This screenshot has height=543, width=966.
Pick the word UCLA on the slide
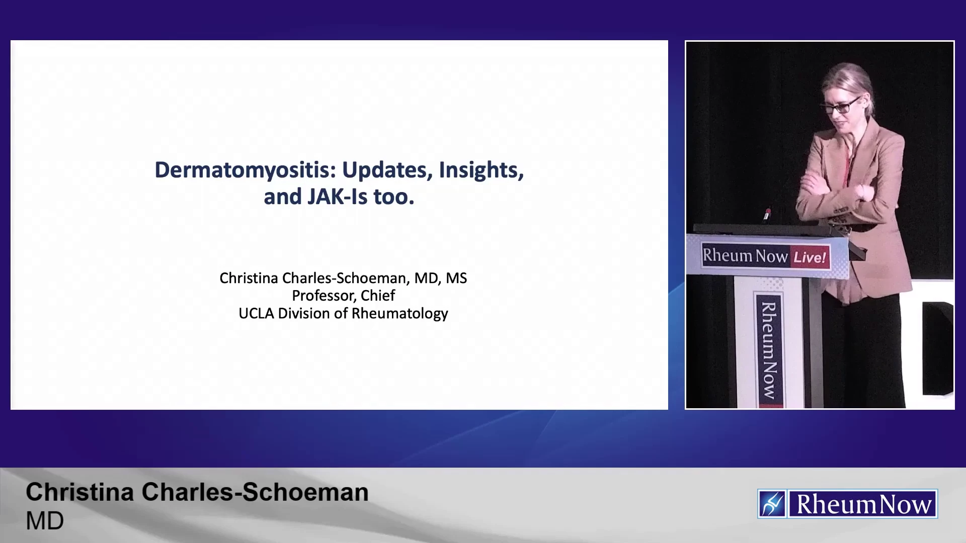tap(256, 314)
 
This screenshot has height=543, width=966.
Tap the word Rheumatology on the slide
tap(399, 314)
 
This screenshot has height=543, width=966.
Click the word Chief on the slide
tap(378, 296)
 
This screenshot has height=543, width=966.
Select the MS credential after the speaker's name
tap(456, 279)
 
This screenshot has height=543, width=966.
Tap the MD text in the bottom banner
tap(45, 521)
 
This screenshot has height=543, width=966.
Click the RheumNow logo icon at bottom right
tap(772, 504)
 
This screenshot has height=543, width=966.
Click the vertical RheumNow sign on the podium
tap(769, 350)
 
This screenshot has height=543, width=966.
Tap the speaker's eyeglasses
tap(841, 106)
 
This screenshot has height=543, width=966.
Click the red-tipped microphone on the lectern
tap(767, 214)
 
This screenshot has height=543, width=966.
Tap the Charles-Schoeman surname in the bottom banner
tap(255, 492)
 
